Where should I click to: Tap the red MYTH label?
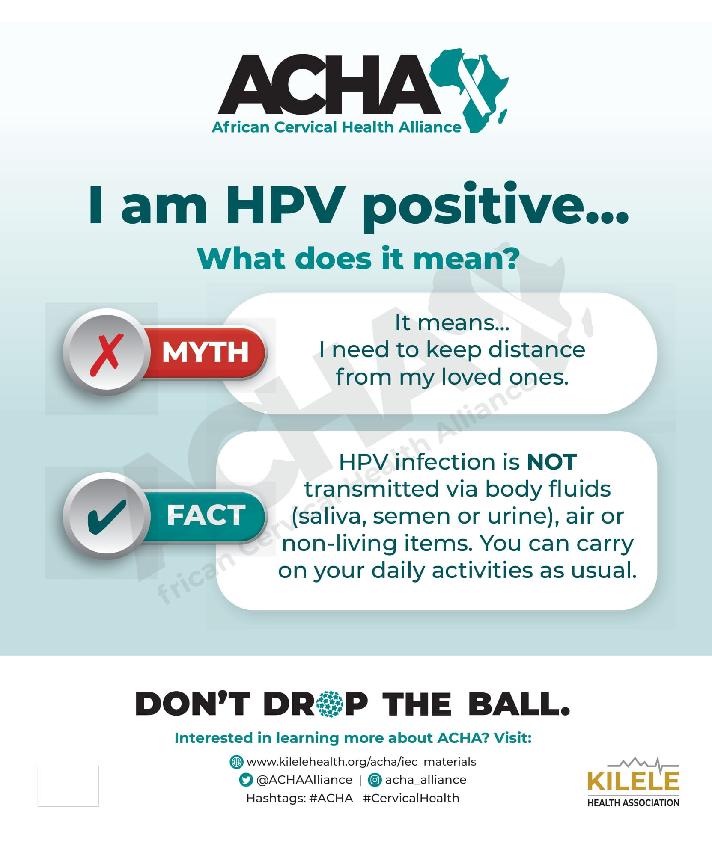pos(206,352)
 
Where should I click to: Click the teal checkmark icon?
pos(107,516)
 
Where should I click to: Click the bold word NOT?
pos(551,462)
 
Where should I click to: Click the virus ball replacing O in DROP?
pos(331,704)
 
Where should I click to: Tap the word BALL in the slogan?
pos(519,704)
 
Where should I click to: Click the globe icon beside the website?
pos(236,762)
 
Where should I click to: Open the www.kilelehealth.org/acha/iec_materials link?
pos(361,762)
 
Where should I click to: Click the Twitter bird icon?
pos(246,780)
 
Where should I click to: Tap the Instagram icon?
pos(375,780)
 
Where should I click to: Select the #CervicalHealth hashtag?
pos(411,798)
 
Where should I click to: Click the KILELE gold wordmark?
pos(633,781)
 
